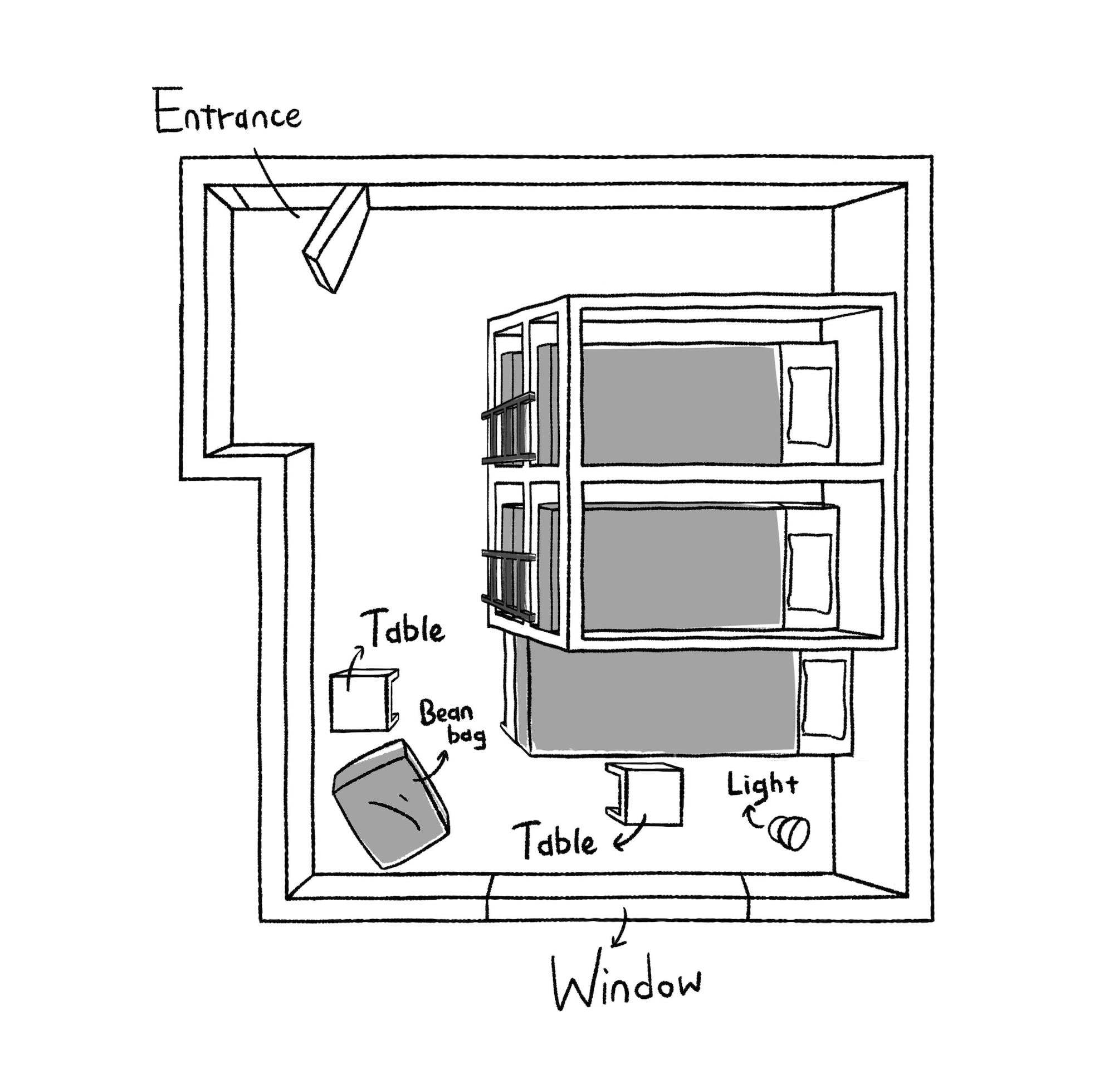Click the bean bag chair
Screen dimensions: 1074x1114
[x=390, y=805]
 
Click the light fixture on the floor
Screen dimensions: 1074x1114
[x=789, y=833]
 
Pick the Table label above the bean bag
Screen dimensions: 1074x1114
[x=405, y=628]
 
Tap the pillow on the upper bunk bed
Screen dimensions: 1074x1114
[x=810, y=406]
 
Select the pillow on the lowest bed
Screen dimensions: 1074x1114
[x=824, y=699]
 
